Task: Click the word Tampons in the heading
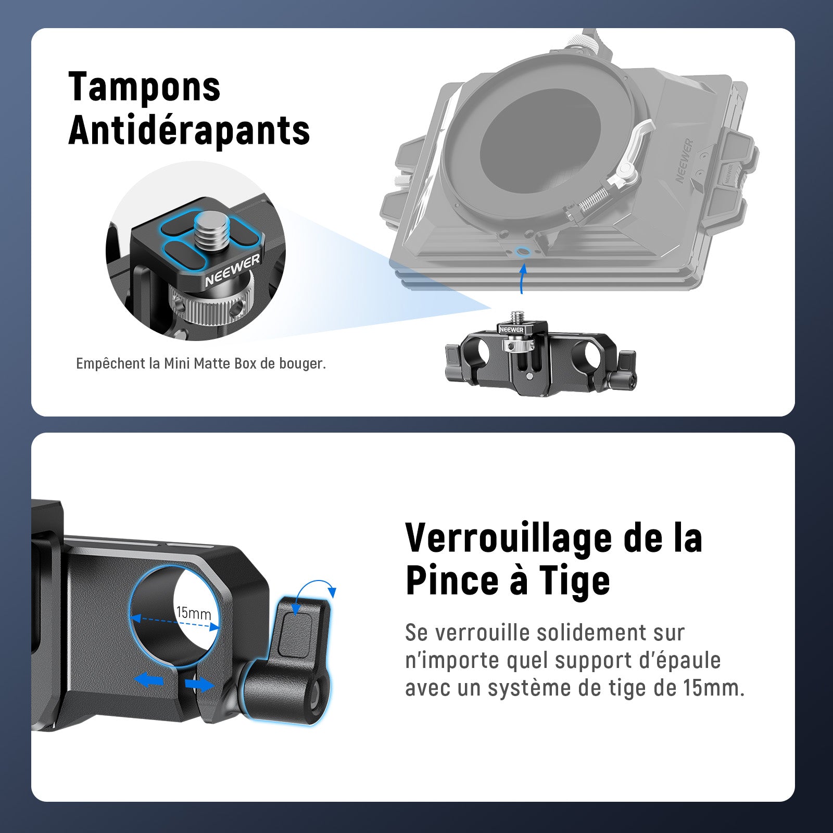[145, 87]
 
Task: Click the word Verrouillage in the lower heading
[509, 537]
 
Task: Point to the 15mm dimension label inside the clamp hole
[194, 612]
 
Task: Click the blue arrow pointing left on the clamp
[149, 680]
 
